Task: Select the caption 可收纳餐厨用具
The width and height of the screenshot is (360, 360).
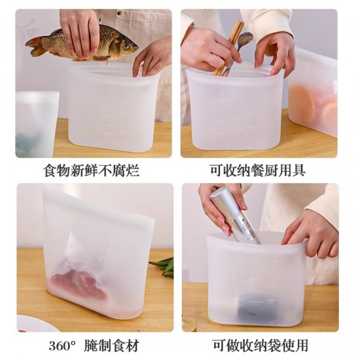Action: click(x=259, y=171)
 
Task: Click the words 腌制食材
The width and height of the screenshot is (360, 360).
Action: click(x=111, y=345)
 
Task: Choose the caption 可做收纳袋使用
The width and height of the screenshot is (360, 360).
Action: click(x=259, y=345)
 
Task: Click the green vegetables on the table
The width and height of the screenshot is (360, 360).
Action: click(x=164, y=265)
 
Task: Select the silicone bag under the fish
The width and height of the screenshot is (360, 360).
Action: click(x=114, y=108)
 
